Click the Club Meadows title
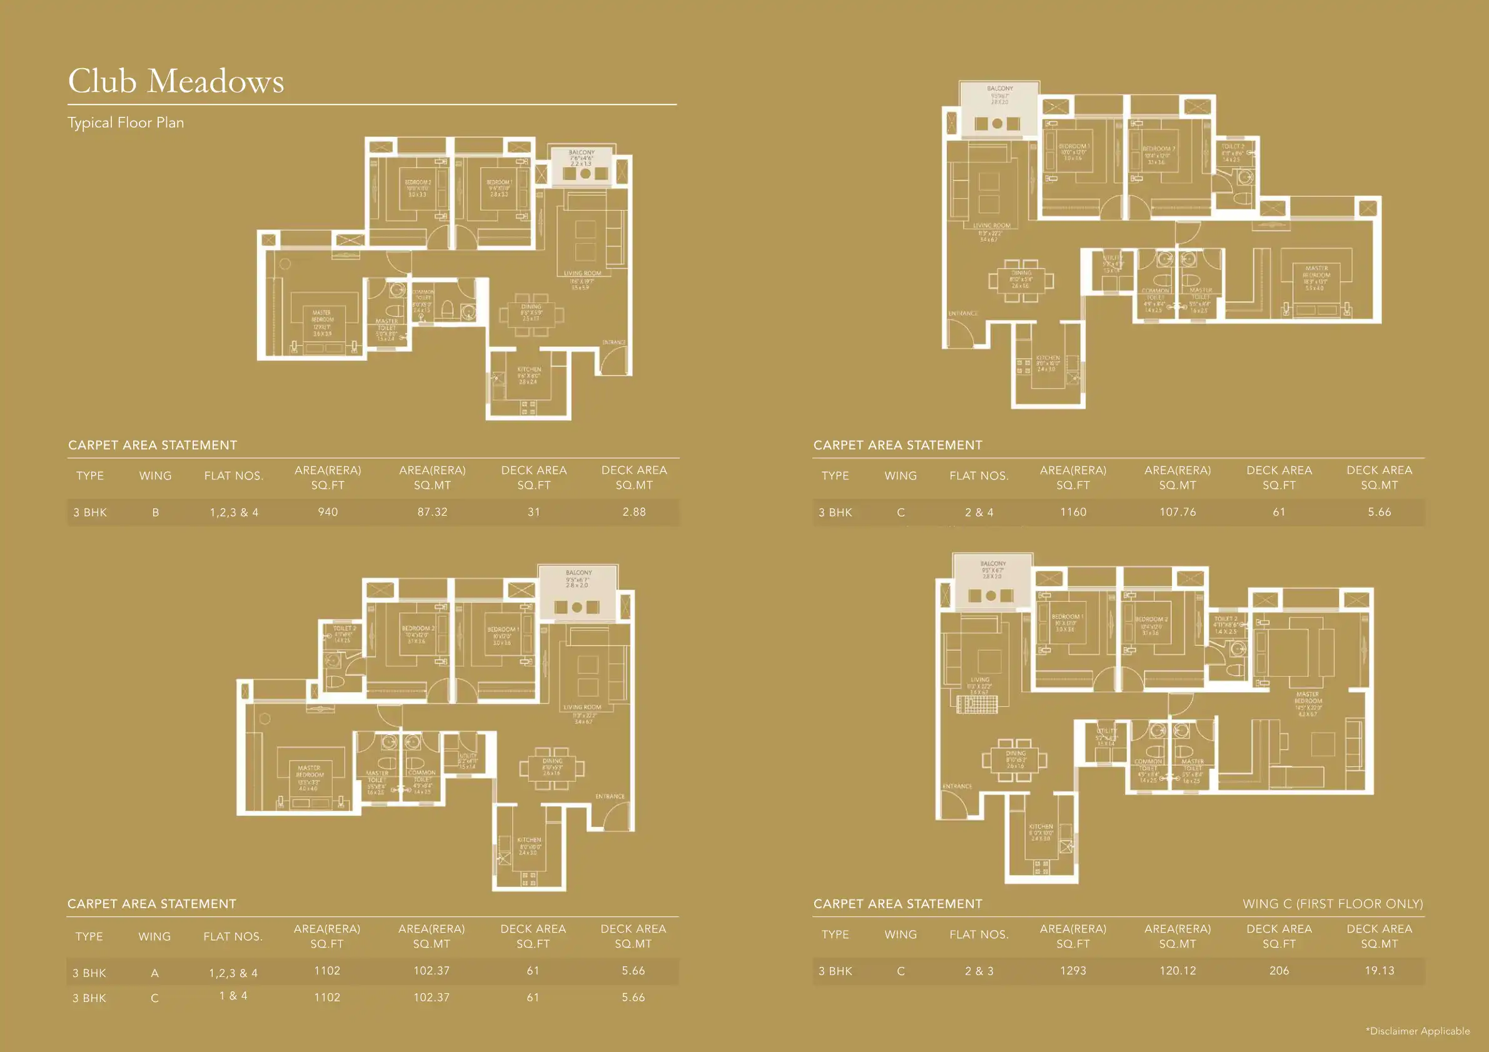[x=176, y=82]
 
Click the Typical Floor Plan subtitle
[x=126, y=123]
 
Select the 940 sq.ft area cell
[x=328, y=512]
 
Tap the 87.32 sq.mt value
[x=432, y=512]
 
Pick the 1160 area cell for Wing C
[x=1073, y=512]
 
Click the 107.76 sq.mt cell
[x=1177, y=512]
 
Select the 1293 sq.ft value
[x=1073, y=971]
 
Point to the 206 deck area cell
[x=1279, y=971]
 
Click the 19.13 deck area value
[x=1379, y=971]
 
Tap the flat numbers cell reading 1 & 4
[x=233, y=996]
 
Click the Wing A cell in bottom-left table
[x=154, y=973]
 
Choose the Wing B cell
[x=155, y=512]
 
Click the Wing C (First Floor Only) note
[x=1332, y=904]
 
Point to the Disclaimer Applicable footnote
[x=1418, y=1031]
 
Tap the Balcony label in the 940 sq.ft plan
[x=581, y=153]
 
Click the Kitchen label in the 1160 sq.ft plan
[x=1047, y=358]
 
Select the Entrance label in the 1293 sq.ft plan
[x=957, y=786]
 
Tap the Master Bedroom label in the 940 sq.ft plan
[x=321, y=316]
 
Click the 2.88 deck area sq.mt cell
[x=633, y=512]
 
